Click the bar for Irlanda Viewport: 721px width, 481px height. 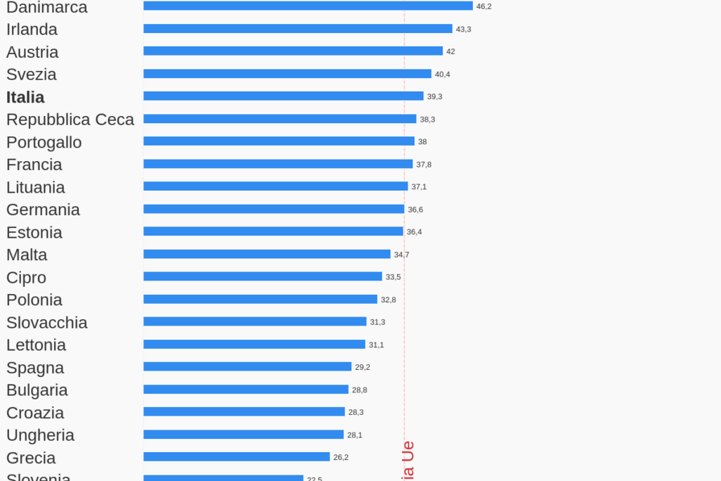point(298,29)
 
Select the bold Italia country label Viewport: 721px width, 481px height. point(25,97)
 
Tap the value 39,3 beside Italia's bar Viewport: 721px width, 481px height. point(434,96)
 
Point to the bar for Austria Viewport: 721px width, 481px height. point(293,51)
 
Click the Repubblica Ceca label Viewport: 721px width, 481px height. point(70,120)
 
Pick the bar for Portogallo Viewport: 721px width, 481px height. point(279,141)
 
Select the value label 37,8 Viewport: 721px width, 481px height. point(424,165)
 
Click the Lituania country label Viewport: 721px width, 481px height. point(36,187)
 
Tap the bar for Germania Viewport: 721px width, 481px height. point(274,209)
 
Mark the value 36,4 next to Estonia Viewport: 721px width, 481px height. point(414,232)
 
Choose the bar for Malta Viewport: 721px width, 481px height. point(267,254)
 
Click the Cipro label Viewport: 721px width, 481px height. point(27,277)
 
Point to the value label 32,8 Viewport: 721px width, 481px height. point(389,300)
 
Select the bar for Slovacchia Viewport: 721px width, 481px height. point(255,321)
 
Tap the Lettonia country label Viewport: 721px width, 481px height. point(37,345)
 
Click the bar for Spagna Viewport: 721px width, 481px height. point(247,366)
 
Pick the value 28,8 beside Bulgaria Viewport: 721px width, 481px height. point(360,390)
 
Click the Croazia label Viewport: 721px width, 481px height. point(35,413)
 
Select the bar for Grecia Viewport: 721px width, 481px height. point(237,457)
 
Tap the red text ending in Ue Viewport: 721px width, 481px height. point(408,461)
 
